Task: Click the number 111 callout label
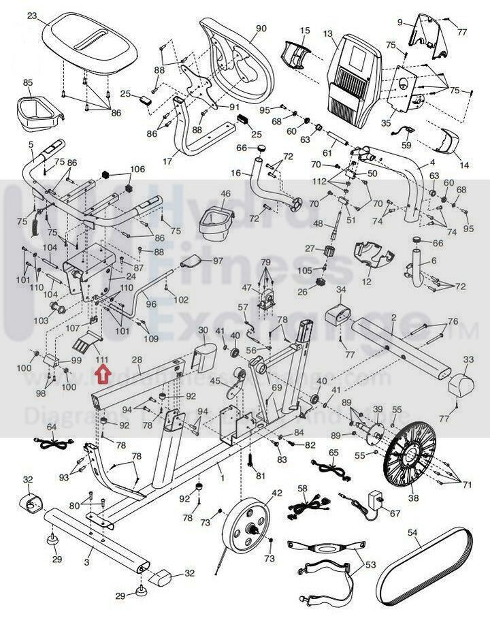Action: coord(103,359)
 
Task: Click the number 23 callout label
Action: coord(32,16)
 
